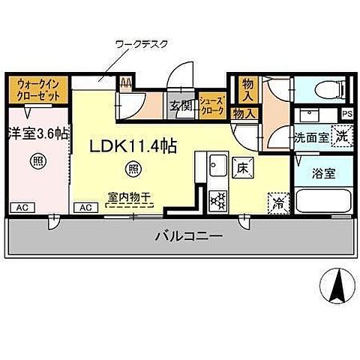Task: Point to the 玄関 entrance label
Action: click(x=180, y=106)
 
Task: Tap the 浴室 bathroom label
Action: click(x=325, y=172)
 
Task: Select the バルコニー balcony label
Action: click(x=189, y=236)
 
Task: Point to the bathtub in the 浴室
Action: click(x=323, y=202)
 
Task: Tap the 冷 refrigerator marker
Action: click(x=277, y=202)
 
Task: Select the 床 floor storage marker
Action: click(x=241, y=167)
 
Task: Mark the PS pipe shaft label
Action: click(x=346, y=114)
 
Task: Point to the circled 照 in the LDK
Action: click(x=133, y=168)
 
